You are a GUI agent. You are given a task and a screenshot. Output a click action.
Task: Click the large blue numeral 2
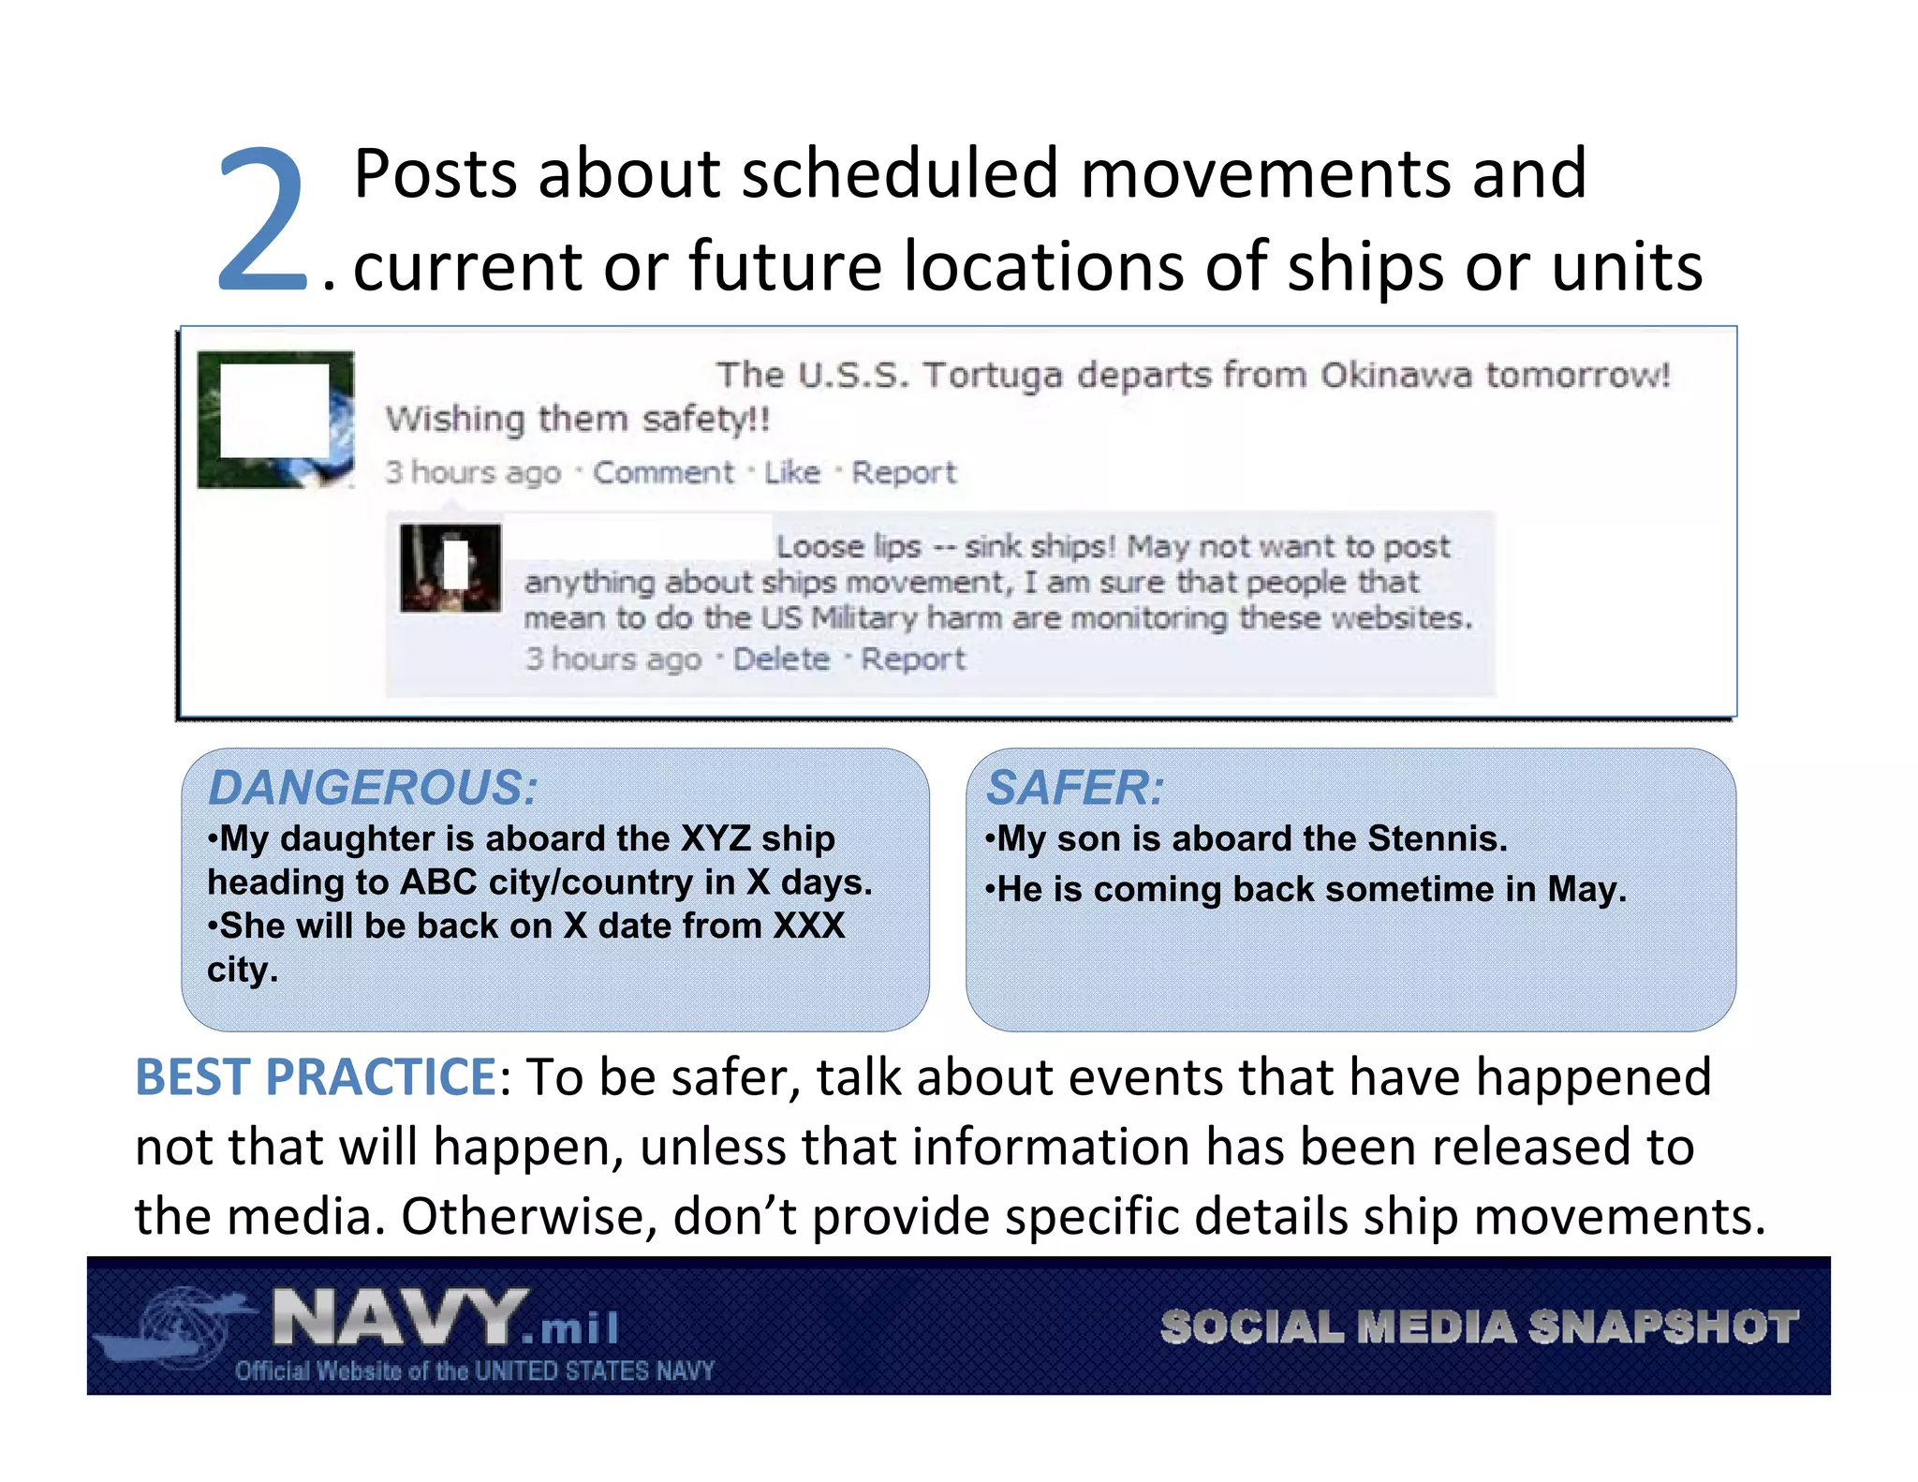tap(262, 222)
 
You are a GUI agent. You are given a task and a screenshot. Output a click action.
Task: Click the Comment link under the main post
tap(663, 472)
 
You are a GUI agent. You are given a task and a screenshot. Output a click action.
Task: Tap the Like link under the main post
tap(791, 472)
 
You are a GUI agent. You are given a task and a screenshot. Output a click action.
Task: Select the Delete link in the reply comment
tap(781, 659)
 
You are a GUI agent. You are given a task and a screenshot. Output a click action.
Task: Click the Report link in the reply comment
tap(912, 659)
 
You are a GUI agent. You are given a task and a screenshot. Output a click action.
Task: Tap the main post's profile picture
tap(275, 419)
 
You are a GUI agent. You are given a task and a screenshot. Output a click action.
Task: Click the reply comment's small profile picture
tap(450, 568)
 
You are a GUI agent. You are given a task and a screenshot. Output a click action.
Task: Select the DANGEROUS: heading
tap(373, 787)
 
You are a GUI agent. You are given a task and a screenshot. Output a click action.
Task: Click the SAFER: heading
tap(1075, 787)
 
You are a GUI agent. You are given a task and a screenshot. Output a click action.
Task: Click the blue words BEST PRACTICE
tap(316, 1077)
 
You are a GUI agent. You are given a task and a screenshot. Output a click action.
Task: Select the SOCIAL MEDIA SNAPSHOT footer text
tap(1479, 1326)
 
